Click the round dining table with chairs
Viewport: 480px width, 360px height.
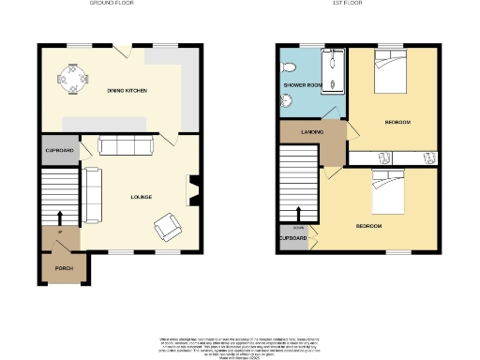tap(71, 78)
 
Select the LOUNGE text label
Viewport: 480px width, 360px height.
tap(141, 196)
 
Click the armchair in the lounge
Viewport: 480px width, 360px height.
tap(169, 225)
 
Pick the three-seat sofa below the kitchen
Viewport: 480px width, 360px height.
tap(127, 145)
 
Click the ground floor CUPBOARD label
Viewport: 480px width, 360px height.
tap(59, 151)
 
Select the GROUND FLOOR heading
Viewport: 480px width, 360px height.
tap(110, 4)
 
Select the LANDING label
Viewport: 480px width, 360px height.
tap(313, 132)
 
